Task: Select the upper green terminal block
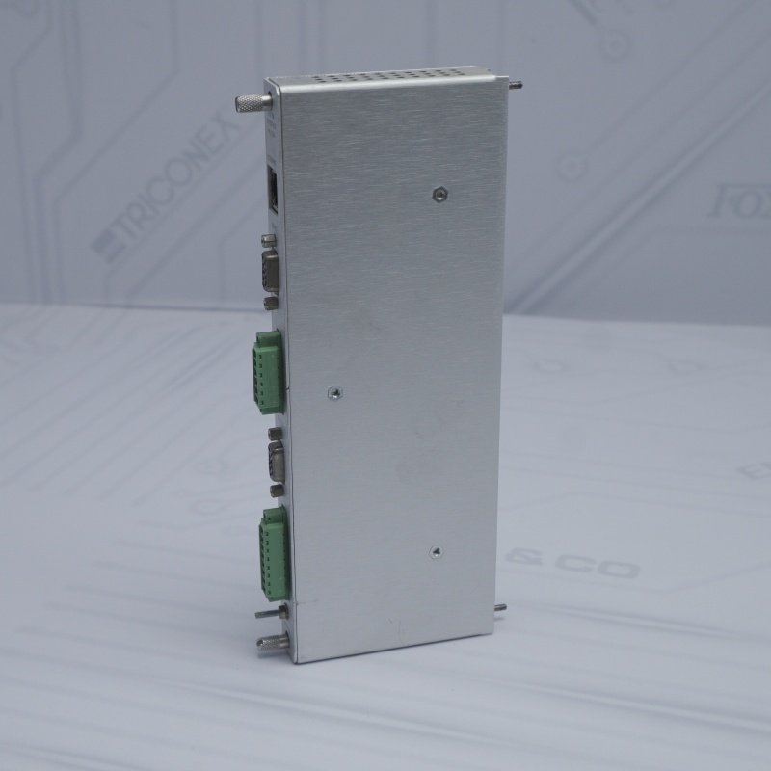(x=269, y=371)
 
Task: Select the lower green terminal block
(x=273, y=552)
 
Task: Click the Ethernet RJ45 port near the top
(x=273, y=189)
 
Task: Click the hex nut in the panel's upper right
(x=439, y=194)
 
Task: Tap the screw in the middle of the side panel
(x=333, y=392)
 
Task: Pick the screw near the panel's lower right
(x=436, y=553)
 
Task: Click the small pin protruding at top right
(x=516, y=85)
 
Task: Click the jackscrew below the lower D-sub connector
(x=278, y=491)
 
